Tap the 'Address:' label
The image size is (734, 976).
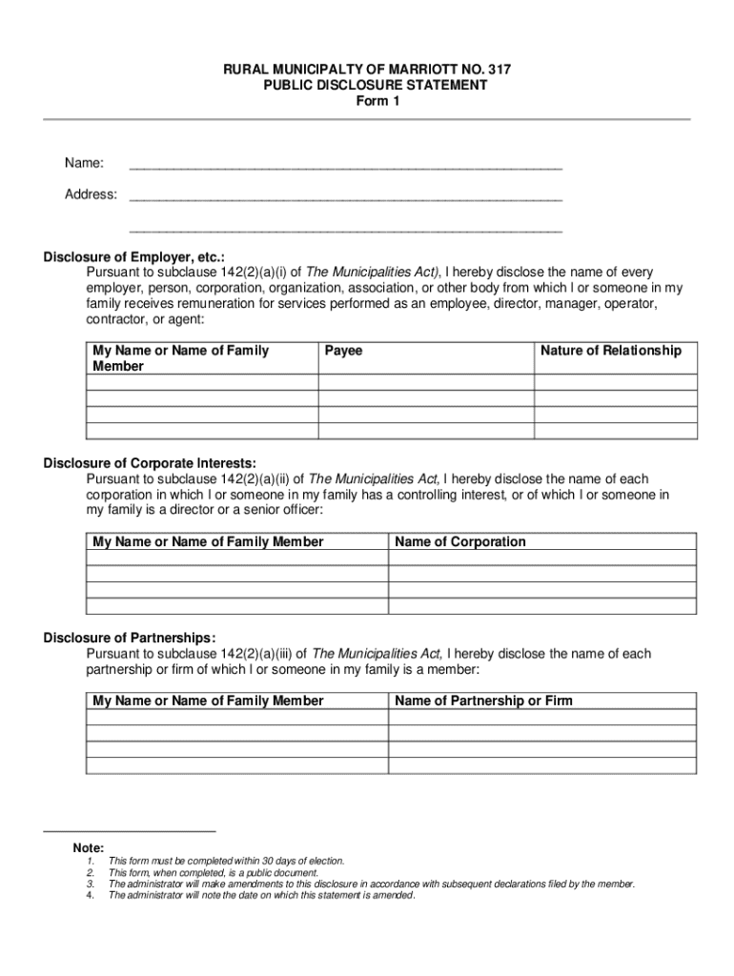point(91,194)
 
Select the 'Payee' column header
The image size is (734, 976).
point(343,351)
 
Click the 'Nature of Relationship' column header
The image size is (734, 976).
point(611,351)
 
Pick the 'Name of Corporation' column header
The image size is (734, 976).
point(459,541)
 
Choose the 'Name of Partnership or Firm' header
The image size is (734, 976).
point(483,701)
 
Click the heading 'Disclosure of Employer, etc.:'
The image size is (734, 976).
point(134,256)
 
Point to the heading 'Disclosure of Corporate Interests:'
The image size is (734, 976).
point(150,463)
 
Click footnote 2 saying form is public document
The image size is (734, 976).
point(213,872)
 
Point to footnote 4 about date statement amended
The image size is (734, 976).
point(261,895)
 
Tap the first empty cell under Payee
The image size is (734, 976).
point(425,383)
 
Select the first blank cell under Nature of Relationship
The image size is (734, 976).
point(615,383)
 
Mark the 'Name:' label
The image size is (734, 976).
point(84,163)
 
